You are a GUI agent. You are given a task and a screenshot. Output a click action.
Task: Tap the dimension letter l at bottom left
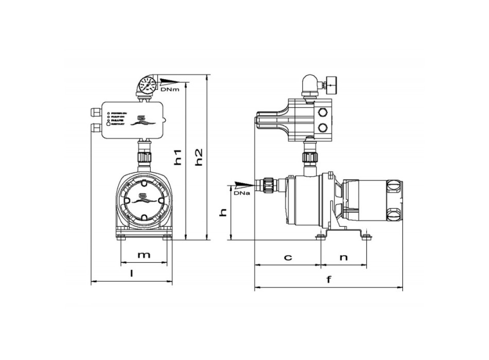pos(132,274)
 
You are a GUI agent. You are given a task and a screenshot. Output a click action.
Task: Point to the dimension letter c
pos(288,257)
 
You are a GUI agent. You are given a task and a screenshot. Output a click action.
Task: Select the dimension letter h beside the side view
pos(223,212)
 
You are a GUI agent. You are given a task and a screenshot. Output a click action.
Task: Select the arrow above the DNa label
pos(242,184)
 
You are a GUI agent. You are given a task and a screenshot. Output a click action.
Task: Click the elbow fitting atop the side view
pos(309,84)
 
